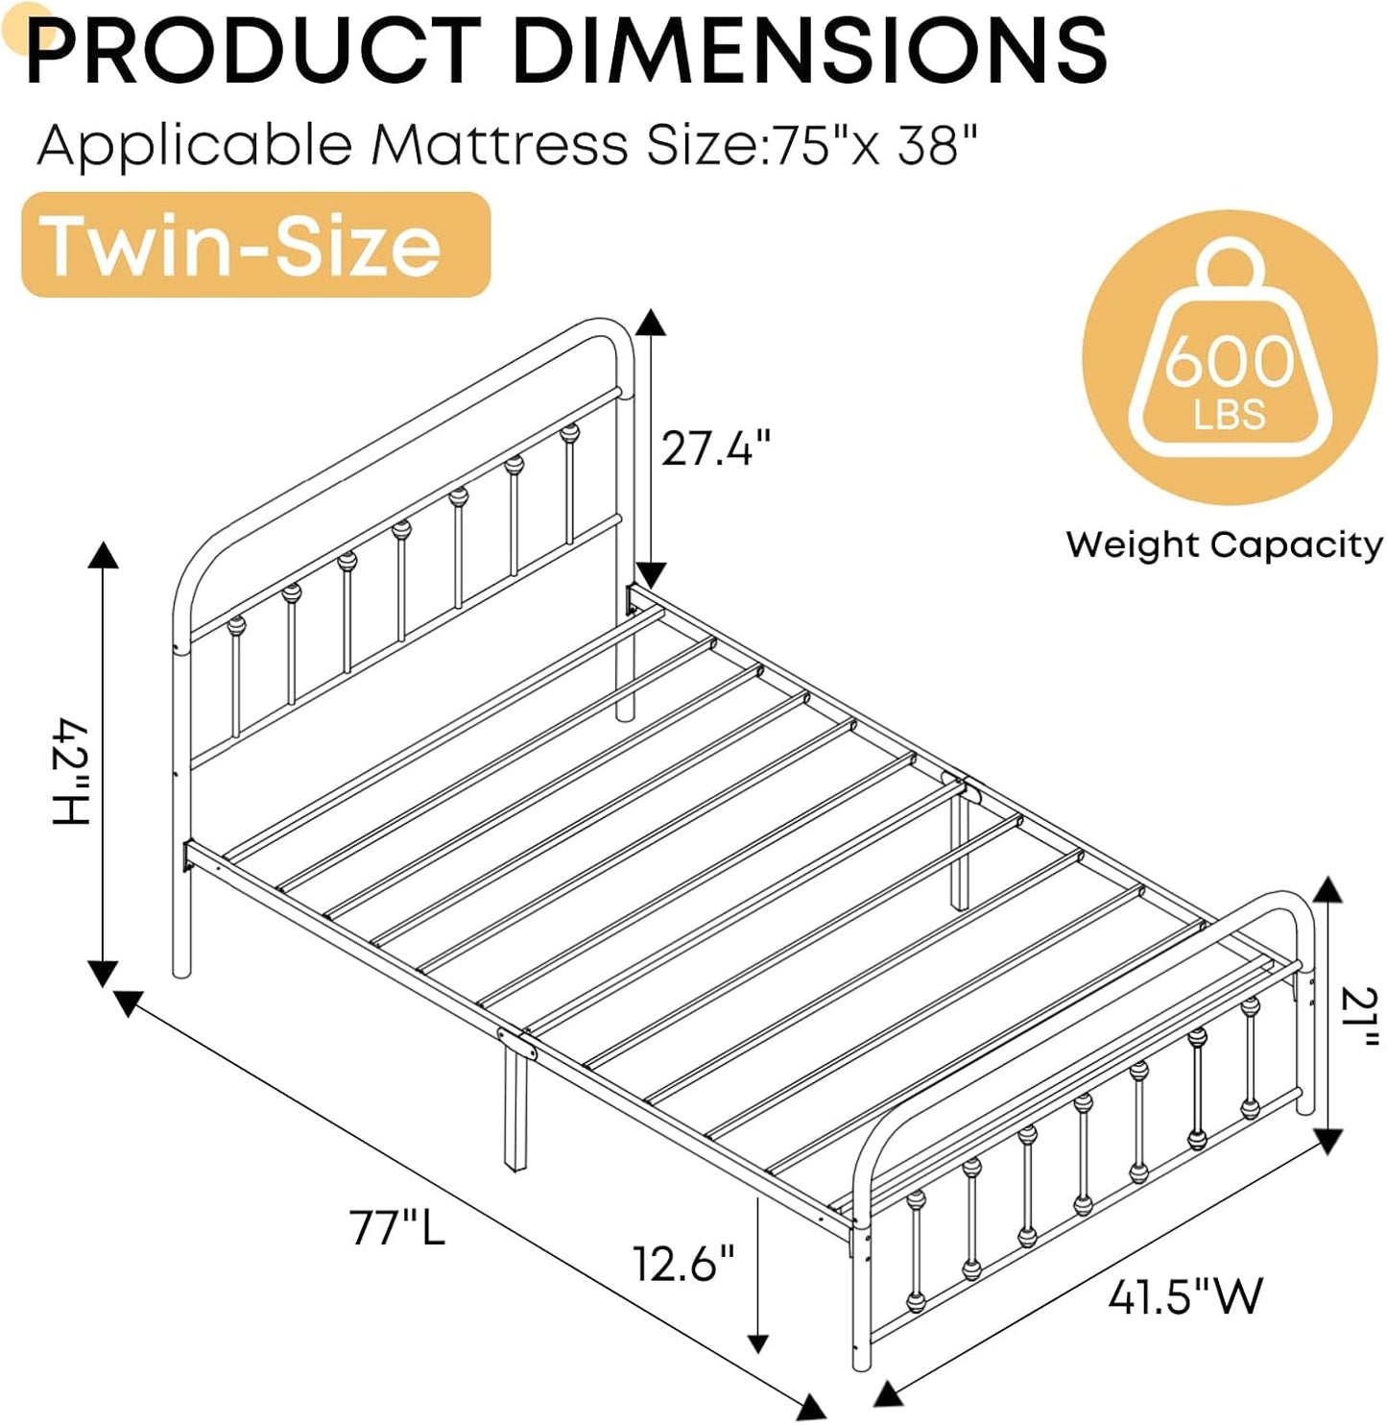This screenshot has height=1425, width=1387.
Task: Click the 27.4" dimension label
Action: (x=715, y=447)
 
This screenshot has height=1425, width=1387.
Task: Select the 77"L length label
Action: (x=397, y=1227)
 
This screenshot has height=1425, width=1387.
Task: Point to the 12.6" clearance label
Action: (x=683, y=1263)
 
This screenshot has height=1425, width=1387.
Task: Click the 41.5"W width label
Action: (x=1184, y=1297)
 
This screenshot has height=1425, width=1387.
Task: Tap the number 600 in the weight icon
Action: (x=1230, y=362)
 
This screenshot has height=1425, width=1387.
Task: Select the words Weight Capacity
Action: (x=1224, y=544)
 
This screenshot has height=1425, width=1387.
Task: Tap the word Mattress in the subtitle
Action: (x=499, y=146)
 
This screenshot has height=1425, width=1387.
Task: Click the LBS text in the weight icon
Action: (x=1230, y=415)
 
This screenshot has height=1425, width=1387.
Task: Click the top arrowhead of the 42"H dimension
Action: (x=104, y=554)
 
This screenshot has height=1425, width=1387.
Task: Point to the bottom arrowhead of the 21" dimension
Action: (x=1327, y=1141)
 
